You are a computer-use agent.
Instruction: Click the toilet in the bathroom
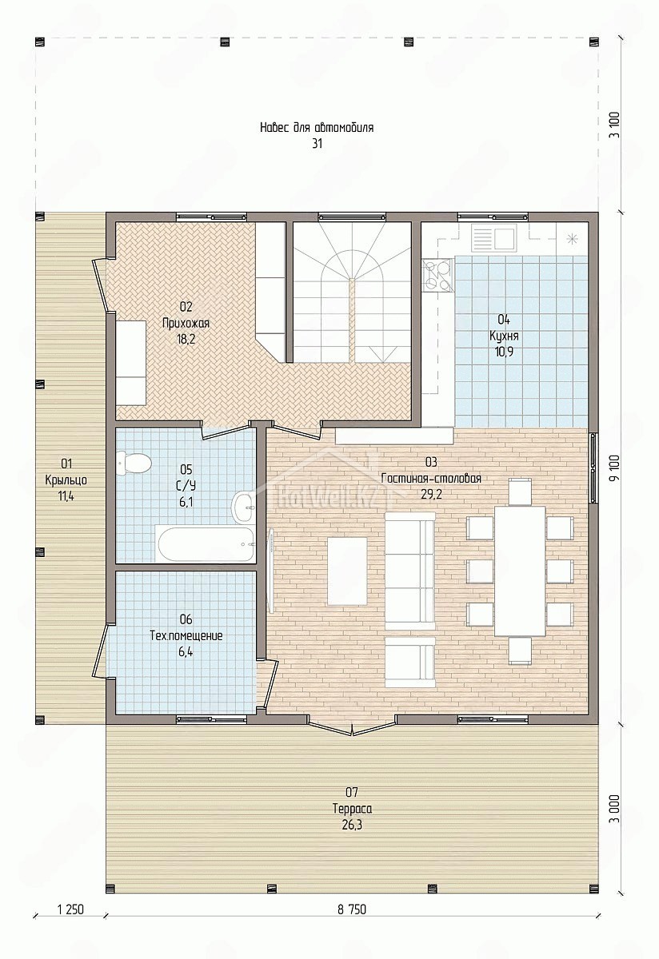click(134, 464)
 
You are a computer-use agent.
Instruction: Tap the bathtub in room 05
click(206, 544)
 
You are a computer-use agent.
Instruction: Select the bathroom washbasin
click(242, 507)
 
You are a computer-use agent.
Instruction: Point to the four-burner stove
click(437, 276)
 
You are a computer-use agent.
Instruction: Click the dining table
click(520, 571)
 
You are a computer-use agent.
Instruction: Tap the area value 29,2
click(431, 495)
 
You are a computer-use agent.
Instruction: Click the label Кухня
click(504, 336)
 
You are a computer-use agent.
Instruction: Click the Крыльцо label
click(66, 480)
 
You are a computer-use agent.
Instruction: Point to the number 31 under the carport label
click(317, 143)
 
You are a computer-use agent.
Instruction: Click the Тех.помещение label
click(186, 636)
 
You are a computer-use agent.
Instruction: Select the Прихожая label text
click(186, 323)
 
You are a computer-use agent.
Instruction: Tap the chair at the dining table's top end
click(520, 491)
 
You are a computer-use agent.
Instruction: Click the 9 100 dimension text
click(616, 468)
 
